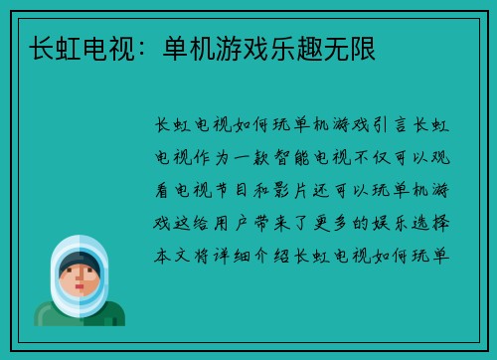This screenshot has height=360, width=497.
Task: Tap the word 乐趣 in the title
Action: pos(293,47)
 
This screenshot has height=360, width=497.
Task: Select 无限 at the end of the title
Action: pos(347,47)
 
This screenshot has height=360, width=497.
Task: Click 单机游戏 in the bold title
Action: pos(213,47)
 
